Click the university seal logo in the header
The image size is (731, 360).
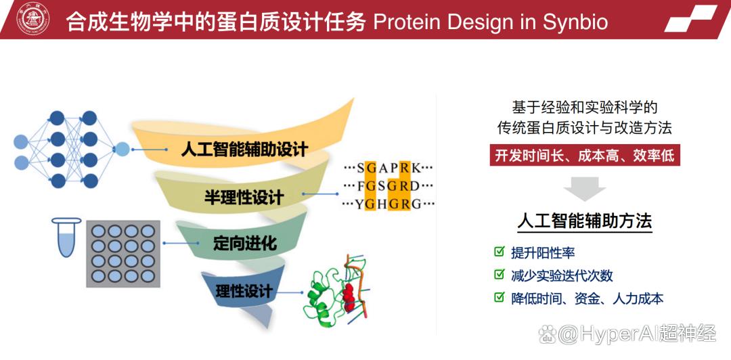point(33,20)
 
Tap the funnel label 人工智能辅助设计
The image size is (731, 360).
point(245,150)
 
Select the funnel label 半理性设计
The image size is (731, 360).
point(244,197)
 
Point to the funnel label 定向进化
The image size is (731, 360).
point(245,243)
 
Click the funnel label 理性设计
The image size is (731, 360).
point(244,292)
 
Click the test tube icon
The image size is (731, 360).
point(64,237)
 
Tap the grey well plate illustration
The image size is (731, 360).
point(123,253)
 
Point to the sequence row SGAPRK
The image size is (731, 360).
point(389,167)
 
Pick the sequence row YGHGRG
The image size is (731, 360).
point(389,204)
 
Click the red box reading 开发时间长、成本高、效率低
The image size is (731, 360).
point(585,155)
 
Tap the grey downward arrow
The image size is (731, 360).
point(585,188)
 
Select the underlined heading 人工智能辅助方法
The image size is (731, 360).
point(585,221)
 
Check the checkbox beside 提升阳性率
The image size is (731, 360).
point(500,252)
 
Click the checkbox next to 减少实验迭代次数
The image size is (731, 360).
point(500,275)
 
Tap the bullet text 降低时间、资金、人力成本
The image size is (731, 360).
point(587,298)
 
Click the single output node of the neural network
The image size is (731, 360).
point(122,150)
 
